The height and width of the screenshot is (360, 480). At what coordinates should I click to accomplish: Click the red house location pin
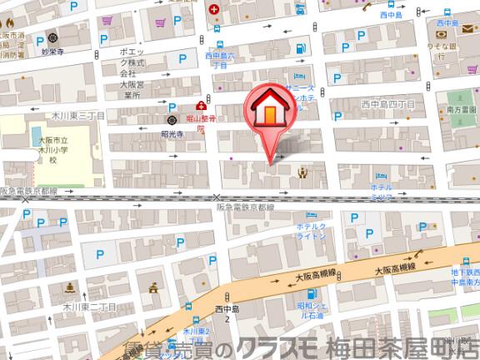(269, 112)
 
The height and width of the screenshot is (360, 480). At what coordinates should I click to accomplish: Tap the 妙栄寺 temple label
(52, 51)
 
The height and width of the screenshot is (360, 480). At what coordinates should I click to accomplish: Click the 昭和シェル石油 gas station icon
(310, 294)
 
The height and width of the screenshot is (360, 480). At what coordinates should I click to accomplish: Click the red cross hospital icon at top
(215, 10)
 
